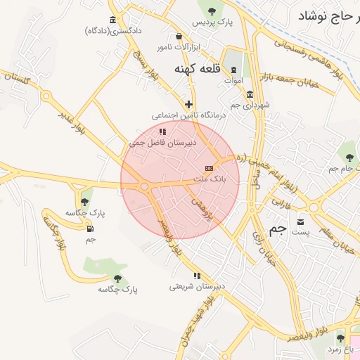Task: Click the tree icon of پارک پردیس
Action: tap(210, 9)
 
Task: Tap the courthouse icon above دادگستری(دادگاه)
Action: tap(113, 20)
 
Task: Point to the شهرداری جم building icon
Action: tap(250, 94)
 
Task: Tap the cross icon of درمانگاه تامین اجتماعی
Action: tap(188, 104)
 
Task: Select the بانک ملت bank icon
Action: tap(209, 168)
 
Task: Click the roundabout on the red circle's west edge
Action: tap(144, 186)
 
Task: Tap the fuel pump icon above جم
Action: tap(90, 228)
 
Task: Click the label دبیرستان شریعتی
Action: tap(197, 286)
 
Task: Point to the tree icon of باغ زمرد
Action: tap(340, 338)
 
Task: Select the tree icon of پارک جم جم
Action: tap(348, 157)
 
